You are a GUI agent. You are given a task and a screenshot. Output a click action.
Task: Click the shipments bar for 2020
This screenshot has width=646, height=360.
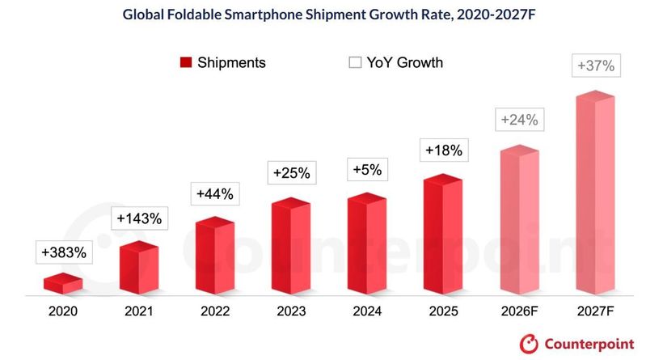coord(63,283)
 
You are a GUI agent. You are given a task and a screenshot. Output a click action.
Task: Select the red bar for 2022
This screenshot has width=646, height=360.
coord(215,256)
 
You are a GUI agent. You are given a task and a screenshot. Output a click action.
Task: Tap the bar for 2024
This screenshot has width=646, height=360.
coord(367,244)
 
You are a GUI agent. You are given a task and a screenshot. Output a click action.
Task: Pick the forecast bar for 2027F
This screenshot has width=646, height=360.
coord(595,193)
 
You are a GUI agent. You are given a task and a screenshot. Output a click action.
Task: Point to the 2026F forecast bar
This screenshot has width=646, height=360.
coord(520,220)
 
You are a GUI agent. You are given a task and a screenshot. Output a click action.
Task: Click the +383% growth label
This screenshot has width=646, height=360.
coord(64,252)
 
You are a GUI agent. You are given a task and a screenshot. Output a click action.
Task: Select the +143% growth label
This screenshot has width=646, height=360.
coord(139,218)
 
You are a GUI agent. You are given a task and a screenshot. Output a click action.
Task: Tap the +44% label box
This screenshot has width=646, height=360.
coord(215,194)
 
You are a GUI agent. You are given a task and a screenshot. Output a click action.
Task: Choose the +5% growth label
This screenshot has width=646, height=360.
coord(368,169)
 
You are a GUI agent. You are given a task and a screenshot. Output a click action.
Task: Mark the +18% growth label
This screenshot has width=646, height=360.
coord(444,150)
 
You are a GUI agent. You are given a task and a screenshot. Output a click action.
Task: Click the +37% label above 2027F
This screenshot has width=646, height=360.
coord(596,66)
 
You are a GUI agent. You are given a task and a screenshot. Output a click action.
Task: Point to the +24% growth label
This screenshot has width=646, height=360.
coord(520,120)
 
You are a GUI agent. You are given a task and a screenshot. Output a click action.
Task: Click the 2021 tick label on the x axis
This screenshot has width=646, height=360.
coord(139,311)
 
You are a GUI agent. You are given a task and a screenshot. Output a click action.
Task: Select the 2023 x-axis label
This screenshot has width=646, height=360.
coord(291,311)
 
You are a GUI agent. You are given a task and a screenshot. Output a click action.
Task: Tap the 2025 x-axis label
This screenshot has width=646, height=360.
coord(443,311)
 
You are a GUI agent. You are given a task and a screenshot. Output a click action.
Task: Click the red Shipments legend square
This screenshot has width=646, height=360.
coord(186,62)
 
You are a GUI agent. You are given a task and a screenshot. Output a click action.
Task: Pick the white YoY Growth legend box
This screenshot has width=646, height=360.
coord(355,62)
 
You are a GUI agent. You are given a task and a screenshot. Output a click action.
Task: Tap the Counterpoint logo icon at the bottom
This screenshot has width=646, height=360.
coord(529,344)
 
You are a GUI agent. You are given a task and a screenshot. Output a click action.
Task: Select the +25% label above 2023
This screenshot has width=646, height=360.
coord(292,173)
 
